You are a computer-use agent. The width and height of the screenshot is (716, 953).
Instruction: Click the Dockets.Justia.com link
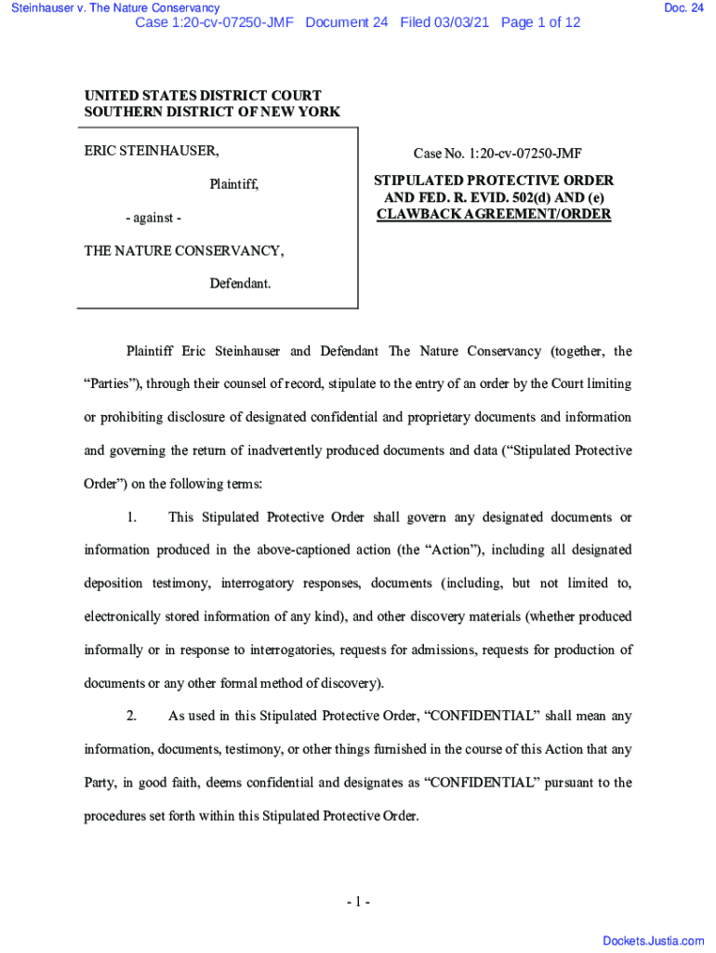[x=654, y=941]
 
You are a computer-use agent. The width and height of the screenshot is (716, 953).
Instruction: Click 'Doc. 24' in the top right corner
[x=683, y=8]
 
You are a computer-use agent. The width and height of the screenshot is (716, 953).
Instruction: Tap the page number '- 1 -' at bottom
[x=358, y=902]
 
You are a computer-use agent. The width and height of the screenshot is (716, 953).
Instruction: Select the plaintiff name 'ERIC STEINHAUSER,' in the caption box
[x=152, y=151]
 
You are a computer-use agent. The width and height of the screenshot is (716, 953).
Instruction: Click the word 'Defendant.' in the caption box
[x=240, y=283]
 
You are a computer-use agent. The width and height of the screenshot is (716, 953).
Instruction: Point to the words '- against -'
[x=153, y=218]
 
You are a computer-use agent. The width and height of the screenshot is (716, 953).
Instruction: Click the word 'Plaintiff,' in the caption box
[x=233, y=184]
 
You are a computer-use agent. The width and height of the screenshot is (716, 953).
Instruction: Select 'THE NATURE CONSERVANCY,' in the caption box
[x=184, y=250]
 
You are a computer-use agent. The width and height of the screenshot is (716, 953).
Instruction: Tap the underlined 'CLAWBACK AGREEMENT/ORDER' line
[x=493, y=214]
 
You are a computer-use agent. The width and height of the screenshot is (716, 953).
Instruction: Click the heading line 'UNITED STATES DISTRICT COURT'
[x=203, y=95]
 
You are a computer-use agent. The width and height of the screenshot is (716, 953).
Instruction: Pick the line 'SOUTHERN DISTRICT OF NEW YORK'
[x=212, y=112]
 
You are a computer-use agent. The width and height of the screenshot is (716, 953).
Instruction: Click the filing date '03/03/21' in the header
[x=466, y=22]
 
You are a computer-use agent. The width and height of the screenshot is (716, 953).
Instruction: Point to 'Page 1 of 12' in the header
[x=540, y=22]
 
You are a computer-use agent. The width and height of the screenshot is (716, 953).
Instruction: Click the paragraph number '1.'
[x=132, y=517]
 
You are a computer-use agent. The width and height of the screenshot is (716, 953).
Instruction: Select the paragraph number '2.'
[x=132, y=717]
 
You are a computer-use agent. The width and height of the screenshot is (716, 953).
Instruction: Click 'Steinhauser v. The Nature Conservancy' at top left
[x=110, y=8]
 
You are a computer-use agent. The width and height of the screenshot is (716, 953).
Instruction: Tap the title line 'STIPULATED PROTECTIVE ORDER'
[x=493, y=181]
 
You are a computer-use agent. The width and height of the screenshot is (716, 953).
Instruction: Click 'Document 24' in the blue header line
[x=346, y=22]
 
